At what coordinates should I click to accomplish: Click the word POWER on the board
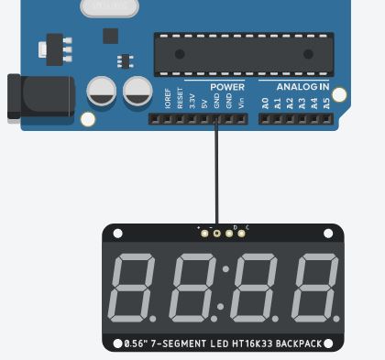[x=227, y=87]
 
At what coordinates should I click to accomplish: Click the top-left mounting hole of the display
[x=116, y=235]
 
